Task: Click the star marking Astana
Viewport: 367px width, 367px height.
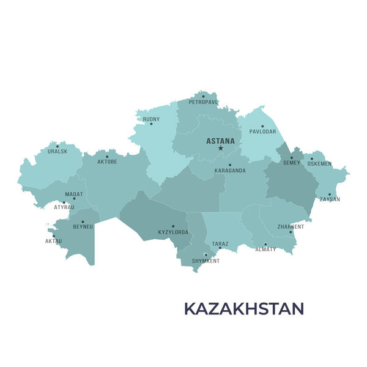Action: [x=221, y=148]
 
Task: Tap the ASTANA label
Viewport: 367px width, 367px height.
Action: [x=220, y=141]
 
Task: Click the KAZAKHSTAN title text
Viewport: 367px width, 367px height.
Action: [x=243, y=308]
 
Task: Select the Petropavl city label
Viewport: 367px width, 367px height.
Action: [x=203, y=103]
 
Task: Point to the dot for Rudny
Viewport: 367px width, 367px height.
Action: [x=152, y=124]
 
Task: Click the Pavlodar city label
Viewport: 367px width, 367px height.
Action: [x=263, y=132]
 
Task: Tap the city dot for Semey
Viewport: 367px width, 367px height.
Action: [x=291, y=158]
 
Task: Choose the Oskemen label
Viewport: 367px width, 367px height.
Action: [x=319, y=164]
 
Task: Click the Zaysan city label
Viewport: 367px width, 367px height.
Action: [x=330, y=199]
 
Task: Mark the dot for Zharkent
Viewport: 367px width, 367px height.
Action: [x=291, y=232]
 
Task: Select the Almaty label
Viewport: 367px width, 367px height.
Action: [x=265, y=250]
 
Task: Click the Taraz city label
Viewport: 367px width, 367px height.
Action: [x=220, y=244]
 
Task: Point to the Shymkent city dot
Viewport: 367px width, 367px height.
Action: [x=206, y=254]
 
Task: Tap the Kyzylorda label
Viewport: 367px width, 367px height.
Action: [x=173, y=232]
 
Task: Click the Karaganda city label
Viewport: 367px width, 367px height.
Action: [x=230, y=171]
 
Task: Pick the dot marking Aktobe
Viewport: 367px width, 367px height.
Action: [x=107, y=157]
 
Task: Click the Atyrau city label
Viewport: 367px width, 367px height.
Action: [x=64, y=207]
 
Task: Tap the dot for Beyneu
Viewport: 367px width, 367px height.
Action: [x=83, y=221]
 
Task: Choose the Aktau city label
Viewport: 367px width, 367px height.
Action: [x=53, y=242]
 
